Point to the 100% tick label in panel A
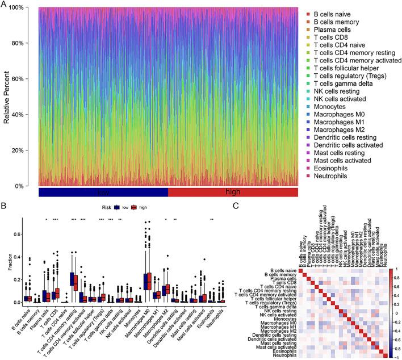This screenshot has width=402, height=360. coord(22,7)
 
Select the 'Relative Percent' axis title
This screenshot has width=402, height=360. coord(7,97)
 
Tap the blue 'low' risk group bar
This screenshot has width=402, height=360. coord(103,193)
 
